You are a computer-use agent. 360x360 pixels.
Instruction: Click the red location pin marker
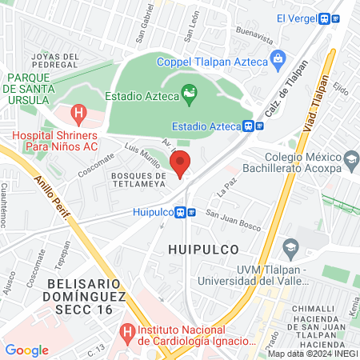pos(182,164)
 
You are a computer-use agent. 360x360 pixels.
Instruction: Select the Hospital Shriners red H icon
pos(78,114)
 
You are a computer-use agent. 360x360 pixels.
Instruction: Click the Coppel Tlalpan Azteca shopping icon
pos(278,57)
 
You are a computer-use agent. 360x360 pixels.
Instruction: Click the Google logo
pos(26,350)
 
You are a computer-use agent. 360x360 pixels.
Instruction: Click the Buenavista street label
pos(256,35)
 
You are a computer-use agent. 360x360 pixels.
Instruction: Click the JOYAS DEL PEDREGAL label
pos(54,60)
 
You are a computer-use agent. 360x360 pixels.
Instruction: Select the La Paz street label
pos(227,190)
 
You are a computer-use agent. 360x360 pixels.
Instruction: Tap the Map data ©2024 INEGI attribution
pos(312,354)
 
